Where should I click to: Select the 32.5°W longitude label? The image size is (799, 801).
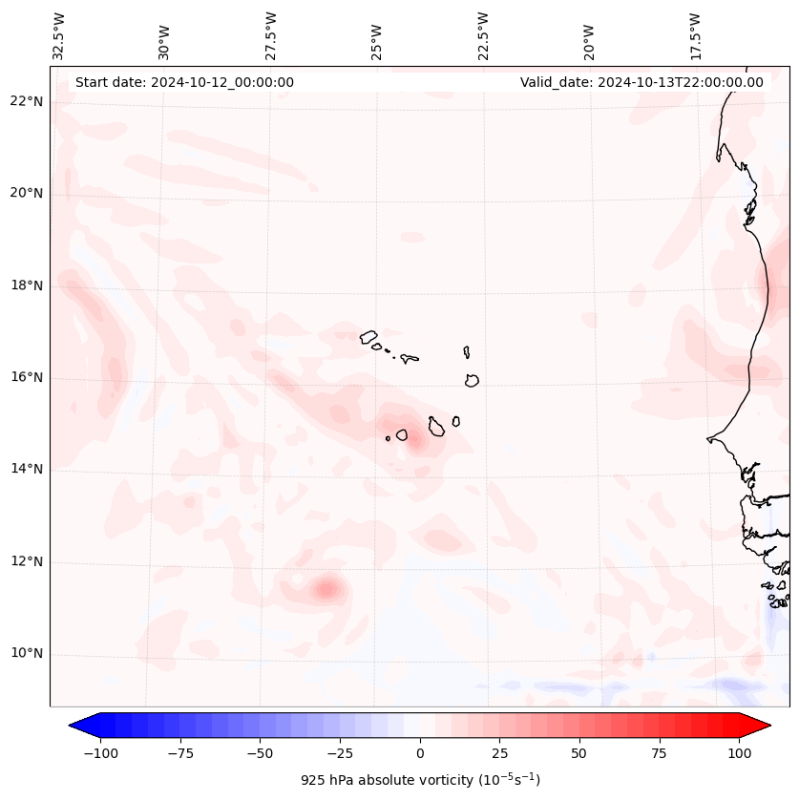pyautogui.click(x=59, y=36)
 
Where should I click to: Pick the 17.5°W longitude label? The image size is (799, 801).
pyautogui.click(x=695, y=36)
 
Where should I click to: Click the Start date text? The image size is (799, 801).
pyautogui.click(x=184, y=82)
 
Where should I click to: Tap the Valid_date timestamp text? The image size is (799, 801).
pyautogui.click(x=641, y=82)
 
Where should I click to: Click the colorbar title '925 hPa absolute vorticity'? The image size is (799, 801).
pyautogui.click(x=420, y=780)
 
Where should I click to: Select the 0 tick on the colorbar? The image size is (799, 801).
pyautogui.click(x=420, y=753)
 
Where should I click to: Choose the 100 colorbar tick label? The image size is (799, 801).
pyautogui.click(x=739, y=753)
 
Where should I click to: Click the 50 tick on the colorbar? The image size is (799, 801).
pyautogui.click(x=579, y=753)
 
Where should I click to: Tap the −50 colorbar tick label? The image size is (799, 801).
pyautogui.click(x=261, y=753)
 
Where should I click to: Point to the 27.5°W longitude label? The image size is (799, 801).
pyautogui.click(x=271, y=36)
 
